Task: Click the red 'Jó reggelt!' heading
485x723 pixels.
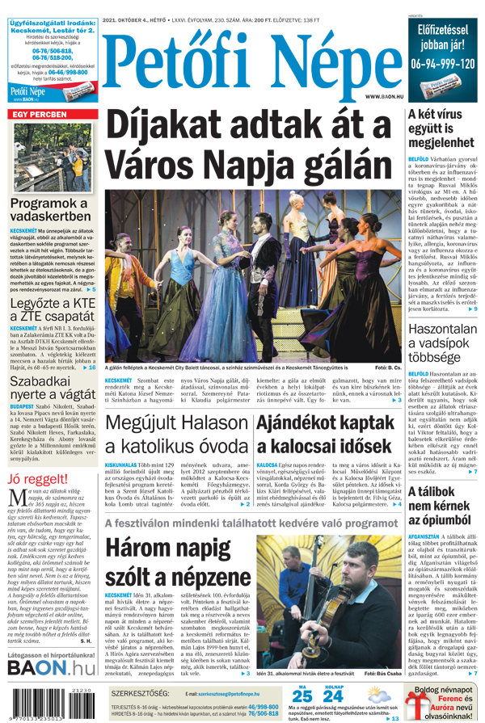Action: click(36, 456)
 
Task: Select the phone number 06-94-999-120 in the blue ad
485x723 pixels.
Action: click(442, 62)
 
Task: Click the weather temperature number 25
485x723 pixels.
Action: click(302, 696)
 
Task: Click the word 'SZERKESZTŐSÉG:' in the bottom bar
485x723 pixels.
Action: click(141, 694)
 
